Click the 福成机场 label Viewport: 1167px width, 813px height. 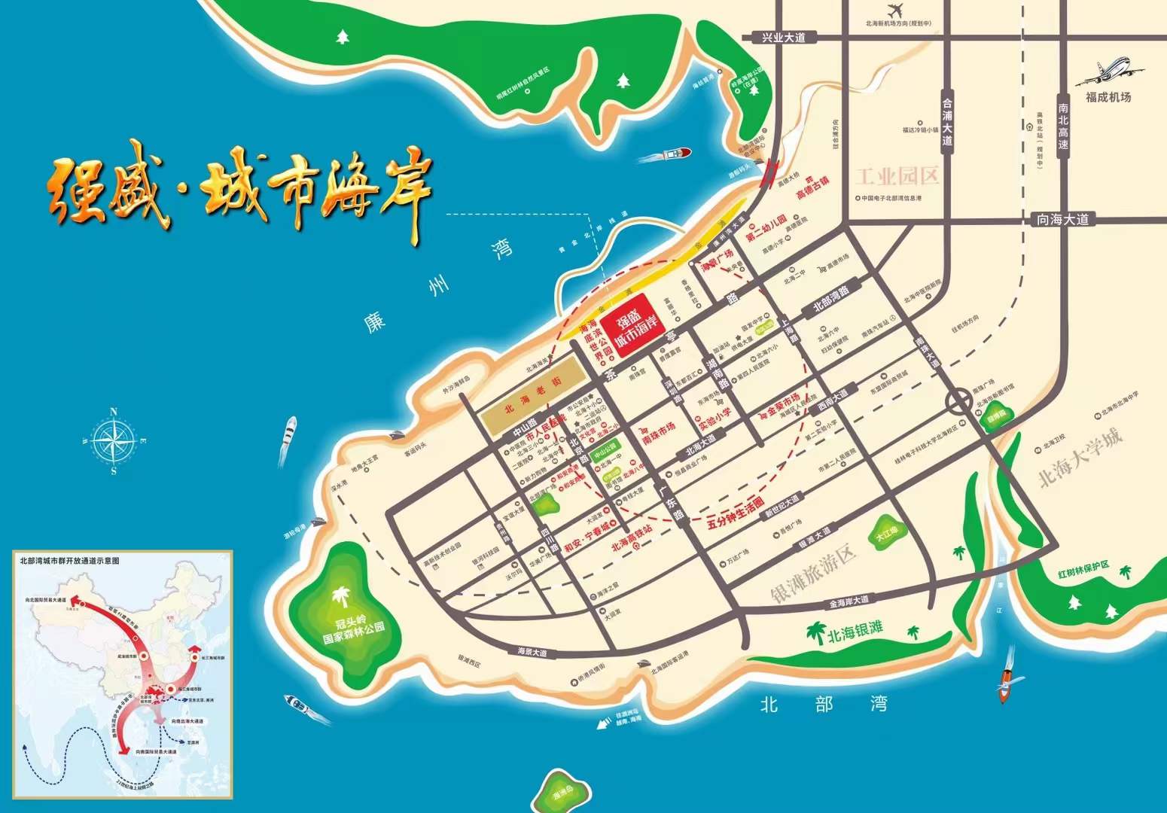point(1108,97)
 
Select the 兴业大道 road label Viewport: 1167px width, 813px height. point(783,37)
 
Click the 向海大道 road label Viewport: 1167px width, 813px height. point(1062,219)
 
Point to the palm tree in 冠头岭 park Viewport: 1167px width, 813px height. point(343,598)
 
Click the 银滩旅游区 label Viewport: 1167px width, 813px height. point(815,577)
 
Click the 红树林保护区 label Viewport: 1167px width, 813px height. point(1093,570)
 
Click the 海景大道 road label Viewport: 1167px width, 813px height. point(532,652)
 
